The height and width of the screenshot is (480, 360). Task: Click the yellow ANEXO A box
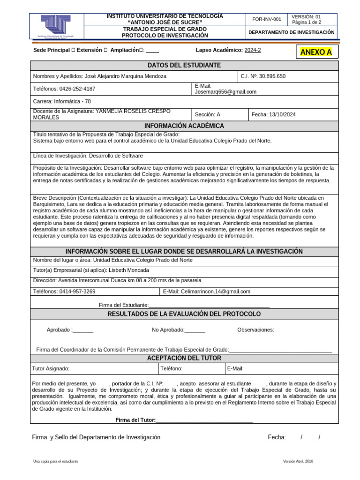coord(316,52)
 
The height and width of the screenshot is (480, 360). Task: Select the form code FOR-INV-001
coord(267,19)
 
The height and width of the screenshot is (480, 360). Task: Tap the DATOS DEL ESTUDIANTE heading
coord(184,65)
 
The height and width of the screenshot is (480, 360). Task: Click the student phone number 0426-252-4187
coord(77,89)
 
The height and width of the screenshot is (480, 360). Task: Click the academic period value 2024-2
coord(253,50)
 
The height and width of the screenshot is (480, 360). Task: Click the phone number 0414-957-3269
coord(77,291)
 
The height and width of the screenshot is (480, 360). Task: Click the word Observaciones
coord(255,330)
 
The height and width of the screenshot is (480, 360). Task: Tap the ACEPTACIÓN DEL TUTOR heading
coord(184,358)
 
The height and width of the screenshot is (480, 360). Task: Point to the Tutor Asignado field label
coord(51,368)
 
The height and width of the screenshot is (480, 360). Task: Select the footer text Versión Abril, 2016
coord(298,461)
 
